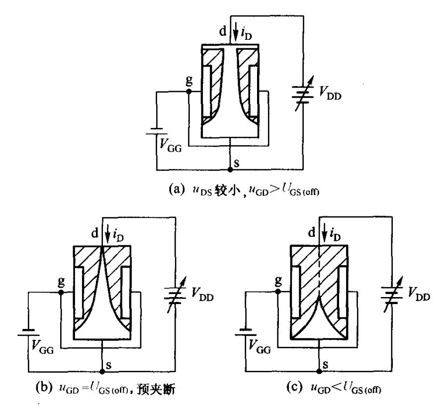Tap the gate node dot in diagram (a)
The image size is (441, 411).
pos(189,92)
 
